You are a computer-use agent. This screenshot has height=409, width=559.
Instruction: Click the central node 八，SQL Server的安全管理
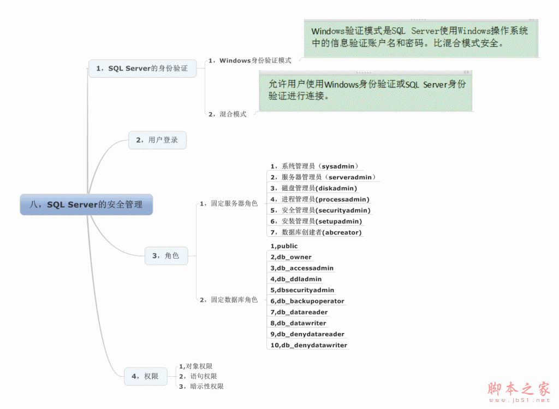pyautogui.click(x=86, y=204)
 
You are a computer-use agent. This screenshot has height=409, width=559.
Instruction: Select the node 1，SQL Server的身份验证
pyautogui.click(x=142, y=68)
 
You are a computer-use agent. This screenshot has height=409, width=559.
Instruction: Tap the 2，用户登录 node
pyautogui.click(x=157, y=140)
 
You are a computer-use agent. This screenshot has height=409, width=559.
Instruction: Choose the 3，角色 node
pyautogui.click(x=166, y=255)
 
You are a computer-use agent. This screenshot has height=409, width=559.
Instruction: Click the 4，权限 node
pyautogui.click(x=145, y=376)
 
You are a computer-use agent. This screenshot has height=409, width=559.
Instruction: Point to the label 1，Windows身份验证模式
pyautogui.click(x=249, y=61)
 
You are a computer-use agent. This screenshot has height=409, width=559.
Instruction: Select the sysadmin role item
pyautogui.click(x=314, y=166)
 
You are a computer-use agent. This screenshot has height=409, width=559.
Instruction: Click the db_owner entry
pyautogui.click(x=291, y=257)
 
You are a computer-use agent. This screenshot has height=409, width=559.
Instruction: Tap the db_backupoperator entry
pyautogui.click(x=307, y=301)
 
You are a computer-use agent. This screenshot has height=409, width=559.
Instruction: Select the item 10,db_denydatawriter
pyautogui.click(x=309, y=345)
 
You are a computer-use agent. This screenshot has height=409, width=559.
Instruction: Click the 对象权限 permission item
pyautogui.click(x=195, y=366)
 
